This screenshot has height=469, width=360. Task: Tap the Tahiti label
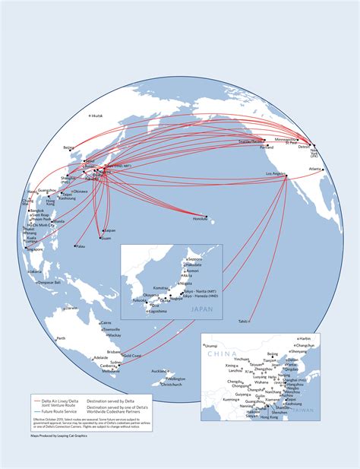tap(244, 321)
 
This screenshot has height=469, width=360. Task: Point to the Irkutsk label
tap(96, 116)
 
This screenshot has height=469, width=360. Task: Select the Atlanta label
tap(314, 169)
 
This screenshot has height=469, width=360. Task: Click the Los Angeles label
tap(276, 174)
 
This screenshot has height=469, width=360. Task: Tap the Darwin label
tap(71, 309)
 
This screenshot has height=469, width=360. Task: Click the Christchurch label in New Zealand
tap(172, 385)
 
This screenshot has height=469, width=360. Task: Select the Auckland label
tap(159, 371)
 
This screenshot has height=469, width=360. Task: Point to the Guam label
tap(106, 238)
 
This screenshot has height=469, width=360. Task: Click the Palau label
tap(81, 246)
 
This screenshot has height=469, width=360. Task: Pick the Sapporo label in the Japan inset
tap(195, 258)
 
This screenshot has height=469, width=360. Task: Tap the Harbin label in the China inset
tap(305, 337)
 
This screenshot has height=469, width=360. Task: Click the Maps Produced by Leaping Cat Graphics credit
tap(59, 437)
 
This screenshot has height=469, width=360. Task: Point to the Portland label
tap(266, 147)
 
